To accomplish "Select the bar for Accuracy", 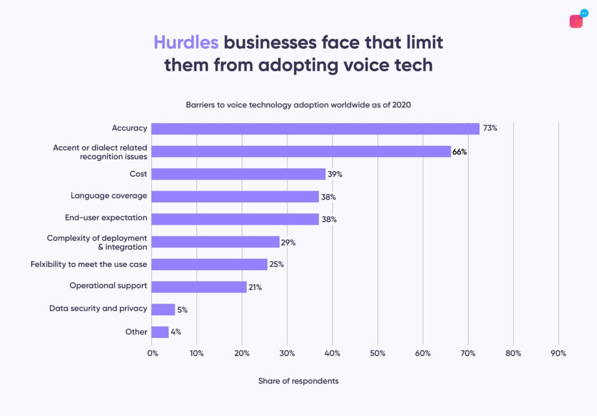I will [x=315, y=128].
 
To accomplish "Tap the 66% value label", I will [x=459, y=152].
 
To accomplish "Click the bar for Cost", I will [x=238, y=174].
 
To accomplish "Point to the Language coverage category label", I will [x=108, y=196].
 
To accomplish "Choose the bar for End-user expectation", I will [x=235, y=219].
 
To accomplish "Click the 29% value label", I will [x=288, y=242].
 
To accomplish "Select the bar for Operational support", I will [x=199, y=287].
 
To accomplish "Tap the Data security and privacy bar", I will [x=163, y=310].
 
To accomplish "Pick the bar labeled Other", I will [x=160, y=332].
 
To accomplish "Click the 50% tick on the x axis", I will [x=378, y=353].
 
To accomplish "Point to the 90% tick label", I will [x=558, y=353].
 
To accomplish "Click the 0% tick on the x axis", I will [x=152, y=353].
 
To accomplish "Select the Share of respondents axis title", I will [x=298, y=381].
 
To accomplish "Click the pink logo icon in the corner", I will [x=576, y=21].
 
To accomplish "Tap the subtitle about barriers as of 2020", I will [x=298, y=105].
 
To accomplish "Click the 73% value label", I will [x=490, y=128].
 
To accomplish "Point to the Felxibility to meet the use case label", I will [x=89, y=264].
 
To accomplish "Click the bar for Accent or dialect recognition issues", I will [x=301, y=152].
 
